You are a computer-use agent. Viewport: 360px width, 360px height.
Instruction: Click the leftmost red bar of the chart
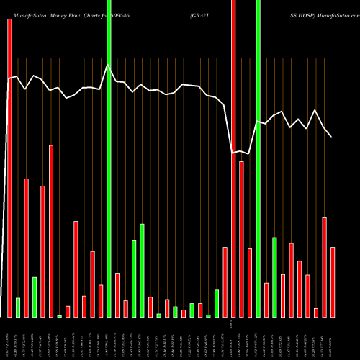tap(9, 166)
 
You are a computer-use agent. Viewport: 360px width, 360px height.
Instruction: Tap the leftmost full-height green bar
tap(109, 158)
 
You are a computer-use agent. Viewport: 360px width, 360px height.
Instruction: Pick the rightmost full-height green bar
tap(258, 158)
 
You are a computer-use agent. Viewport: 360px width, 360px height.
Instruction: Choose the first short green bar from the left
tap(18, 307)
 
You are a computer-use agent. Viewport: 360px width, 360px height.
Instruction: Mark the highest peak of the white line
tap(108, 66)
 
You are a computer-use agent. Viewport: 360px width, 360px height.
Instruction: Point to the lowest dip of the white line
tap(233, 152)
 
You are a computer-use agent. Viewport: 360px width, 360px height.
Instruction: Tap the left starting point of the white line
tap(9, 79)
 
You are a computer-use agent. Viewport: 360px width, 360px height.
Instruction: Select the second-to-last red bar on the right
tap(325, 267)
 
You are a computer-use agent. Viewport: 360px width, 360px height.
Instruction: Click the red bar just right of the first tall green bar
tap(117, 295)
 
